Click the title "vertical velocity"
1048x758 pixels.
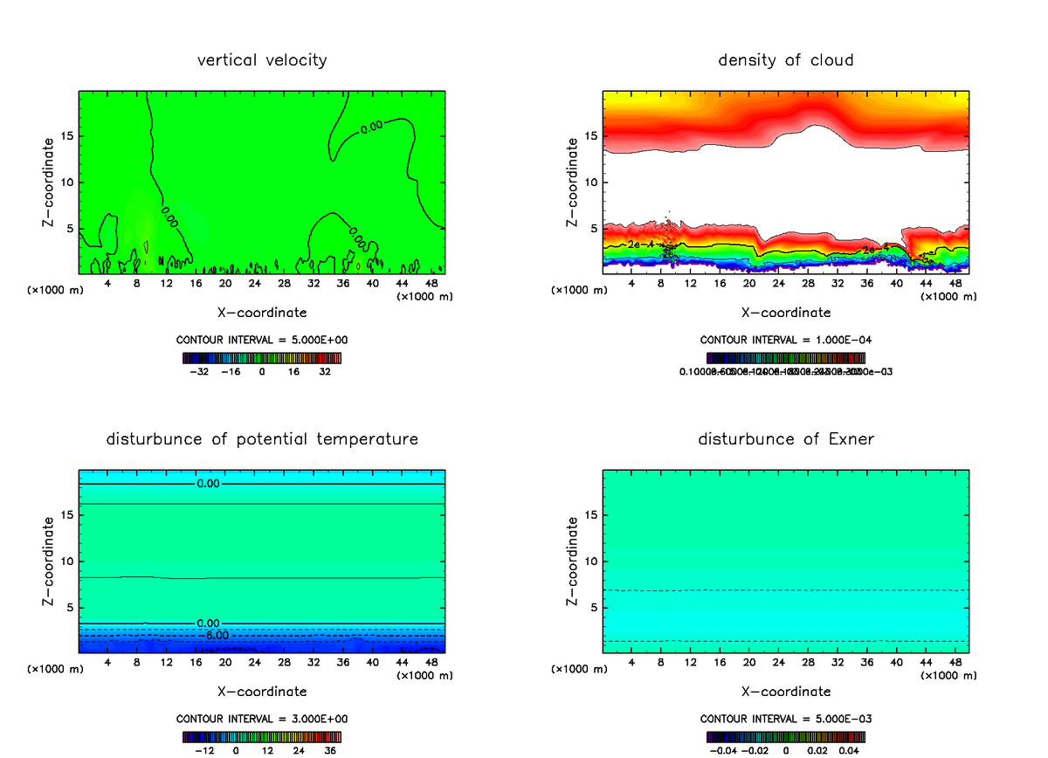[x=262, y=60]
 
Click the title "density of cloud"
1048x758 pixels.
[x=786, y=60]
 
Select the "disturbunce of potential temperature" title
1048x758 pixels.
[x=262, y=439]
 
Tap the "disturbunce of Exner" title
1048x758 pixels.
[x=786, y=439]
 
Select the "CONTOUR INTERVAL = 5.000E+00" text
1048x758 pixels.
[x=262, y=340]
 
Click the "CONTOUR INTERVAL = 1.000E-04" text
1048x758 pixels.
[x=786, y=340]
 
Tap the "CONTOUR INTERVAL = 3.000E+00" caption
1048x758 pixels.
[x=262, y=719]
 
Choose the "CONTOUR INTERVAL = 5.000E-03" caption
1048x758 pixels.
[x=786, y=719]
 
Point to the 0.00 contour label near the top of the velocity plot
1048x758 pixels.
[x=371, y=127]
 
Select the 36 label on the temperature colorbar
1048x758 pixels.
[x=329, y=750]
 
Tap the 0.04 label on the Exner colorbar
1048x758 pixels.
[x=850, y=750]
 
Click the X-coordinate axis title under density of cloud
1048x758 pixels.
[x=786, y=313]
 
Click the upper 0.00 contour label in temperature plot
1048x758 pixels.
[x=209, y=484]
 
